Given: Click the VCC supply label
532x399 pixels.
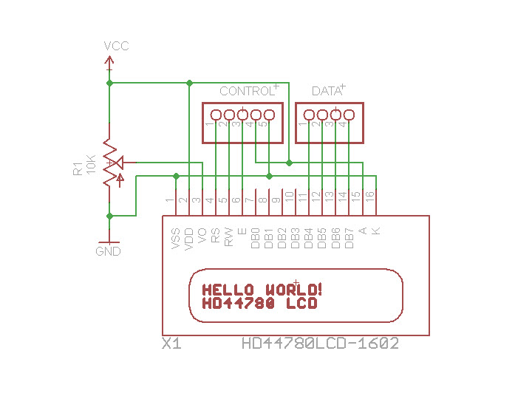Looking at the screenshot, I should (x=116, y=46).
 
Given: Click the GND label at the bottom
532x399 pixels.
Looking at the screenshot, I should (x=108, y=251).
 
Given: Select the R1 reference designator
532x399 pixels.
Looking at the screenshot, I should (x=78, y=168).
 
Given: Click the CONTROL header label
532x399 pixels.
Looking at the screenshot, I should (x=246, y=92).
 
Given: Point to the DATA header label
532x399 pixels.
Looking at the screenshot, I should (x=326, y=92).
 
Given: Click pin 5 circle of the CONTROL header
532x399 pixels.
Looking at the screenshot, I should (x=269, y=115).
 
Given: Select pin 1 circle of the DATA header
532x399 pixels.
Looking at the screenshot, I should (x=309, y=115).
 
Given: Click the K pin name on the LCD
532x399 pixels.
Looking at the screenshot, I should (x=376, y=231).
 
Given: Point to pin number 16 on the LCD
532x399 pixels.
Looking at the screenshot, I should (x=369, y=197).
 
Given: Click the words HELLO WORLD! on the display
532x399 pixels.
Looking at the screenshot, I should (x=262, y=289).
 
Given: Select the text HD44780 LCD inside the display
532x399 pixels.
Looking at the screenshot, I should (x=259, y=303).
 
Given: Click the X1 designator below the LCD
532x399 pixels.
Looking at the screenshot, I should (x=171, y=344).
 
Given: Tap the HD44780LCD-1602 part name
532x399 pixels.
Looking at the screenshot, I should (x=320, y=344).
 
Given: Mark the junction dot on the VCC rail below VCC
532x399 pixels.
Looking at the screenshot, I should (x=109, y=83).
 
